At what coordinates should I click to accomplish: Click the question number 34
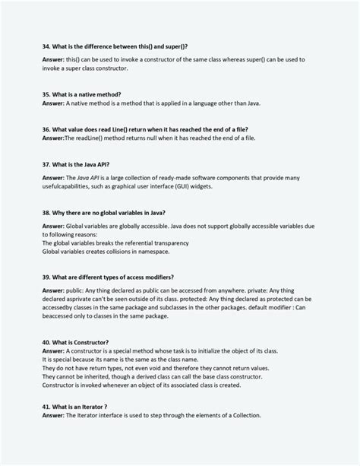46,46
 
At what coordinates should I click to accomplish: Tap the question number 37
46,163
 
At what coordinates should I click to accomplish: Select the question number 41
46,407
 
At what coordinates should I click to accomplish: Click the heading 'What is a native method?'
87,94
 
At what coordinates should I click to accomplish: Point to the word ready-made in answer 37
160,177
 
